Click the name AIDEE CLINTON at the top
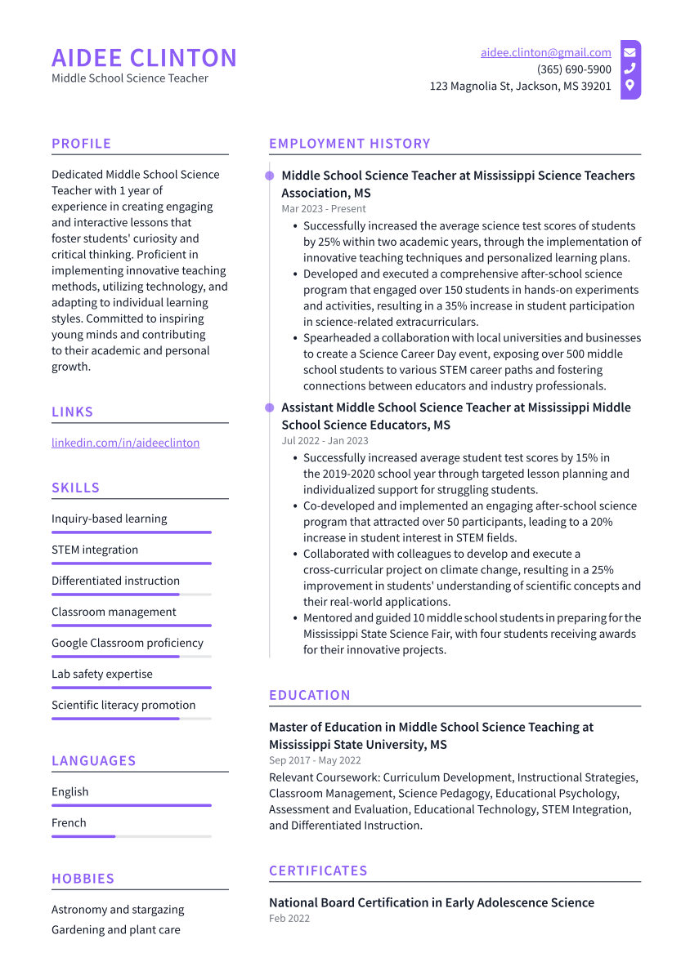point(144,58)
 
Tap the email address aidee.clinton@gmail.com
point(545,52)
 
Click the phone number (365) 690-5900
point(574,69)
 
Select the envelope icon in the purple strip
point(629,52)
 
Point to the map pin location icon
point(629,85)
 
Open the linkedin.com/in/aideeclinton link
point(125,443)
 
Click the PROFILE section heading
point(81,144)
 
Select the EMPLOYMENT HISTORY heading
point(349,144)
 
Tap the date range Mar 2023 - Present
point(324,209)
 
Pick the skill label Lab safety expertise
point(101,674)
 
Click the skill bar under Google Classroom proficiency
point(131,657)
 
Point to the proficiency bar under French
point(131,836)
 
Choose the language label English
point(69,791)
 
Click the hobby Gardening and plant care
point(115,929)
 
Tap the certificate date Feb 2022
point(289,919)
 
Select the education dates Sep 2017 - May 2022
point(315,760)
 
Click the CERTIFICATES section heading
point(318,871)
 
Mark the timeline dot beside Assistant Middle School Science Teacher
point(269,407)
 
